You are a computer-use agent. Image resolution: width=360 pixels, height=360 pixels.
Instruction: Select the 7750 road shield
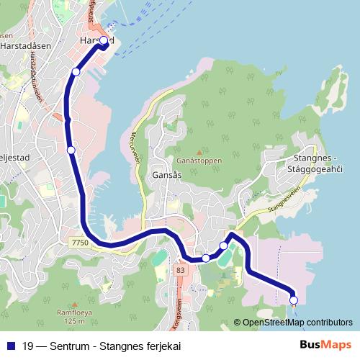click(80, 244)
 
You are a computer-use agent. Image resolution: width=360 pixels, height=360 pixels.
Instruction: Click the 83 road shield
click(179, 269)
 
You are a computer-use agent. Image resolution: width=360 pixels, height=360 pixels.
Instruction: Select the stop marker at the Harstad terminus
click(103, 41)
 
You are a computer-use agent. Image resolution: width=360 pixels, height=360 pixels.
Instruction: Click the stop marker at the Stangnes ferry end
click(293, 300)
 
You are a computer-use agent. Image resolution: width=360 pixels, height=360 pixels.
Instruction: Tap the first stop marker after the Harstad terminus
click(76, 72)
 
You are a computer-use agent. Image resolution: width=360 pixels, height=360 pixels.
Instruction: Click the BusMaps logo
click(325, 345)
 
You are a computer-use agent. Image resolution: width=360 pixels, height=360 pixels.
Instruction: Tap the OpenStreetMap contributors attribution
click(298, 322)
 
